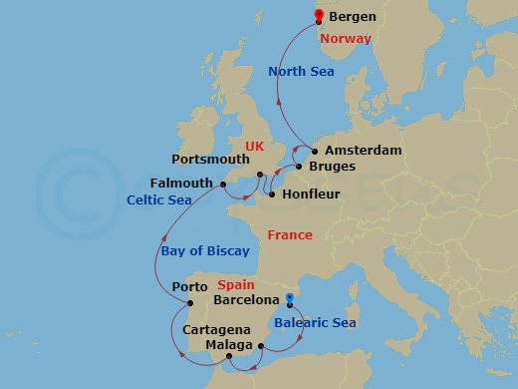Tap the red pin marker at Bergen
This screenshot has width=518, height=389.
(319, 15)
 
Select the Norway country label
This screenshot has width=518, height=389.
(348, 39)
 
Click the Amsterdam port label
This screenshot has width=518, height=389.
(363, 151)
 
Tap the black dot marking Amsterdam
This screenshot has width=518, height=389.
(316, 152)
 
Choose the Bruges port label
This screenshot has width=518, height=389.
(332, 168)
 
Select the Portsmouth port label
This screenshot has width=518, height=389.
(210, 159)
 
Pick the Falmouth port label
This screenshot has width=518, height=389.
(181, 183)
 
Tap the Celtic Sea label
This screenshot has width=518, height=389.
(158, 199)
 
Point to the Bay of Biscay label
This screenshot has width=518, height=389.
(204, 250)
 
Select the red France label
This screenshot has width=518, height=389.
(290, 235)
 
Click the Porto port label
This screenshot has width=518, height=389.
(189, 287)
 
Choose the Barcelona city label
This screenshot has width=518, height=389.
(246, 299)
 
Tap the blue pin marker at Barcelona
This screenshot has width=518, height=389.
(289, 298)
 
